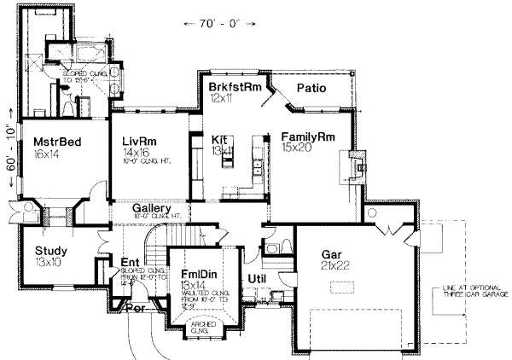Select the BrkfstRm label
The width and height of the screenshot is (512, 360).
click(x=233, y=88)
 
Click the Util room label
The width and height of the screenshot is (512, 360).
click(x=259, y=278)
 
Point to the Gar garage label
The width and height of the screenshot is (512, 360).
click(x=332, y=254)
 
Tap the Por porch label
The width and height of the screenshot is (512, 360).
click(x=135, y=310)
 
